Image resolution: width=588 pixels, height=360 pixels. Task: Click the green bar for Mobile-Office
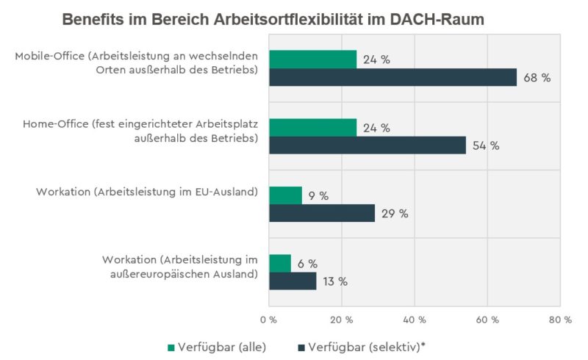coord(312,60)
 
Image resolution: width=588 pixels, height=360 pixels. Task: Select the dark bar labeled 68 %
coord(392,77)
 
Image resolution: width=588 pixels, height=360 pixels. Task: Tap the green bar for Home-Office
coord(312,128)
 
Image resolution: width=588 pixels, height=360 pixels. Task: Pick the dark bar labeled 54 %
coord(367,145)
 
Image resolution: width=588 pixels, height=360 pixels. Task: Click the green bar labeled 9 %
coord(285,195)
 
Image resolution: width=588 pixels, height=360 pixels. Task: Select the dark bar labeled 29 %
coord(321,214)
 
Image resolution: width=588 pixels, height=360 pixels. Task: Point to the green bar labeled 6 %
coord(280,263)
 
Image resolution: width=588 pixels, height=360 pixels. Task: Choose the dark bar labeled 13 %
coord(293,281)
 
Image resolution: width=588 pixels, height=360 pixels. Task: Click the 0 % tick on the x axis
coord(268,320)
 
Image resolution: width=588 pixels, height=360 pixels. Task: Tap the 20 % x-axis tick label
coord(341,320)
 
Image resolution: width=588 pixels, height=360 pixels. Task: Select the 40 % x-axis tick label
coord(414,320)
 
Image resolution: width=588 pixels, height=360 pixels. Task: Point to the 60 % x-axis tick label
coord(487,320)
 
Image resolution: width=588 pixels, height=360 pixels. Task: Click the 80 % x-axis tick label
coord(559,320)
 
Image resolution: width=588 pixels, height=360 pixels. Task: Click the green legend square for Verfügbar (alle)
coord(172,345)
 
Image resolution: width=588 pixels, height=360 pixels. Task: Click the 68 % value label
coord(537,78)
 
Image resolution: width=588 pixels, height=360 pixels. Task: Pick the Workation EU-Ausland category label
coord(147,192)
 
